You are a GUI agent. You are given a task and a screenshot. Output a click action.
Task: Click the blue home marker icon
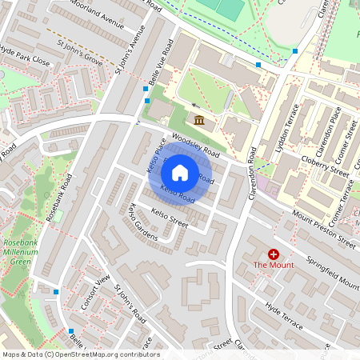180,173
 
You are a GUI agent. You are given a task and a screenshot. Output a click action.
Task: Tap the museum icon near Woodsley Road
198,120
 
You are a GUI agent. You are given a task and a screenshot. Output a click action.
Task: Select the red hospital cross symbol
274,253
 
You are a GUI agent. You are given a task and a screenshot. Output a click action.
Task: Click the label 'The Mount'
274,265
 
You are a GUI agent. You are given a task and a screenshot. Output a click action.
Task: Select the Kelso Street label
169,218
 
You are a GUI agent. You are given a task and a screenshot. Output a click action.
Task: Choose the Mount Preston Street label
323,228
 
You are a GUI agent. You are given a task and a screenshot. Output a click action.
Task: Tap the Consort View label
95,292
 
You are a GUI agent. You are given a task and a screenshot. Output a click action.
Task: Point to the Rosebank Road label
59,197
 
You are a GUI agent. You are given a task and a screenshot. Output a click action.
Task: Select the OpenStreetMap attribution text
81,354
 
